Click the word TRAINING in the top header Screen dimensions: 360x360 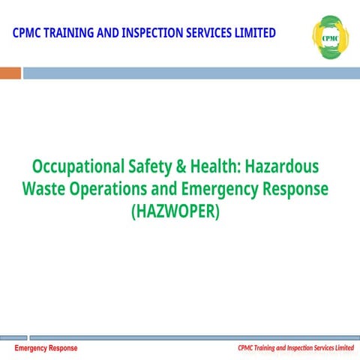(x=73, y=33)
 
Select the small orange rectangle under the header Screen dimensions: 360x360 (x=10, y=73)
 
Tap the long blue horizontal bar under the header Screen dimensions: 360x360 (x=191, y=73)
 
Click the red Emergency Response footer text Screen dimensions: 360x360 (x=46, y=349)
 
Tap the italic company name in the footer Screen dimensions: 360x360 (x=295, y=349)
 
